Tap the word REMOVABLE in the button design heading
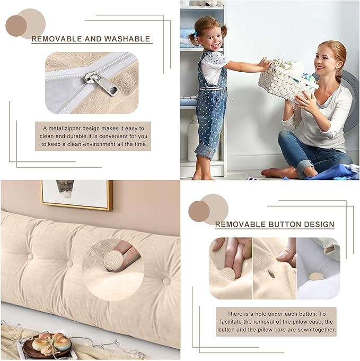(239, 225)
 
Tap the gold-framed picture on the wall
(76, 194)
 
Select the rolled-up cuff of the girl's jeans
(205, 151)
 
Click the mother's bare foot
(275, 173)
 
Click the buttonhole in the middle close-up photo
(271, 274)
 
